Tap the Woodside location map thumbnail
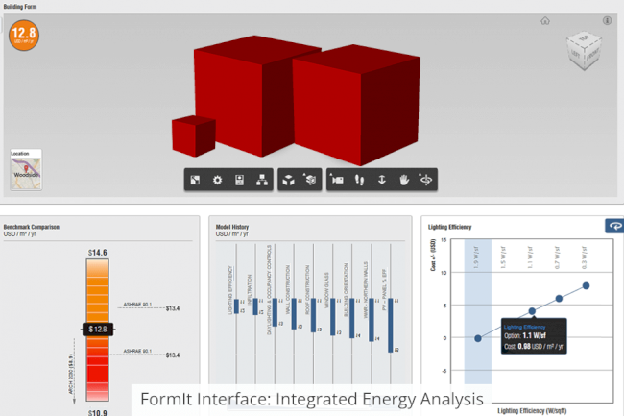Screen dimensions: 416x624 pyautogui.click(x=25, y=170)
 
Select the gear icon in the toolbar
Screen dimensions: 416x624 pyautogui.click(x=217, y=180)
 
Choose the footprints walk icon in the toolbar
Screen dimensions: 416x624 pyautogui.click(x=359, y=180)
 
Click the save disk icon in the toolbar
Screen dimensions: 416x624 pyautogui.click(x=238, y=180)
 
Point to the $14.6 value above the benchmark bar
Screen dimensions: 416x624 pyautogui.click(x=98, y=253)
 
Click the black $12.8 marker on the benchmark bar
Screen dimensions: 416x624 pyautogui.click(x=98, y=329)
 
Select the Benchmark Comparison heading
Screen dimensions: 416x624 pyautogui.click(x=32, y=226)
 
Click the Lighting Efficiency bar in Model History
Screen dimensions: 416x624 pyautogui.click(x=232, y=306)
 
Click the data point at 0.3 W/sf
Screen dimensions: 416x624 pyautogui.click(x=586, y=285)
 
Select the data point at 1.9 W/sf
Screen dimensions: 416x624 pyautogui.click(x=478, y=338)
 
